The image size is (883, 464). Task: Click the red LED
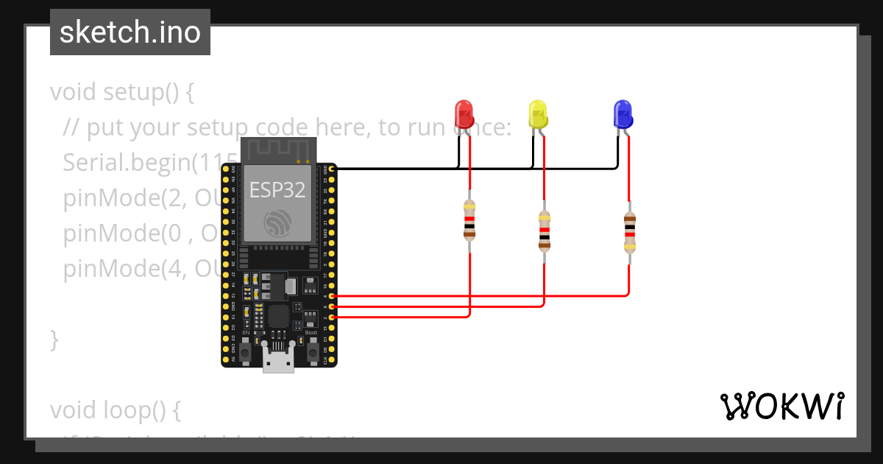464,114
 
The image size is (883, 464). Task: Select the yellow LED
538,114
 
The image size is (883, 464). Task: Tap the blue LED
623,114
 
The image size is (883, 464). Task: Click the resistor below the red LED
469,220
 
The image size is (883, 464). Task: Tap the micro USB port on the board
278,362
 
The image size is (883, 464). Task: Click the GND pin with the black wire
332,169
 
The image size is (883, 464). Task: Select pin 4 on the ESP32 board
332,295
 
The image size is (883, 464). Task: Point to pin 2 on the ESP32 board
332,317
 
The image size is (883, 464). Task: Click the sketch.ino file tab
130,32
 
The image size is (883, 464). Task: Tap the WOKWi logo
781,406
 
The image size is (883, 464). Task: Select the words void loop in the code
107,409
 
